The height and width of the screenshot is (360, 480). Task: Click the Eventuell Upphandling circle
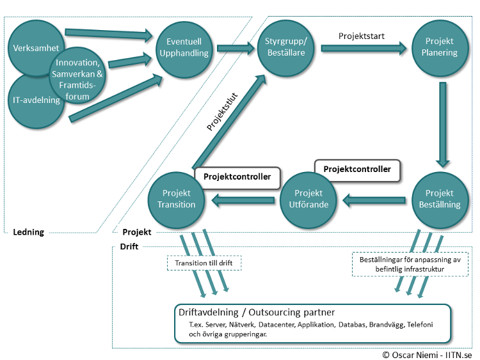(184, 47)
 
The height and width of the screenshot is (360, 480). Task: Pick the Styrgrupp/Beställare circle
(286, 47)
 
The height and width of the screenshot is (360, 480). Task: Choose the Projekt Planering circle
(440, 47)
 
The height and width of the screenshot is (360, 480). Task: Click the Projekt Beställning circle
(440, 199)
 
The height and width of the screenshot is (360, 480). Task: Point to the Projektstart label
(361, 36)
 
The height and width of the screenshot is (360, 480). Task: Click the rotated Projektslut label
(222, 114)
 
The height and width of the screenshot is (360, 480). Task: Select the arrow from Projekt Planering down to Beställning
(441, 125)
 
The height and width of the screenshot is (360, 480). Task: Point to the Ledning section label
(29, 232)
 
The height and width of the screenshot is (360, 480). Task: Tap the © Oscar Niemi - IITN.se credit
(427, 354)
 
